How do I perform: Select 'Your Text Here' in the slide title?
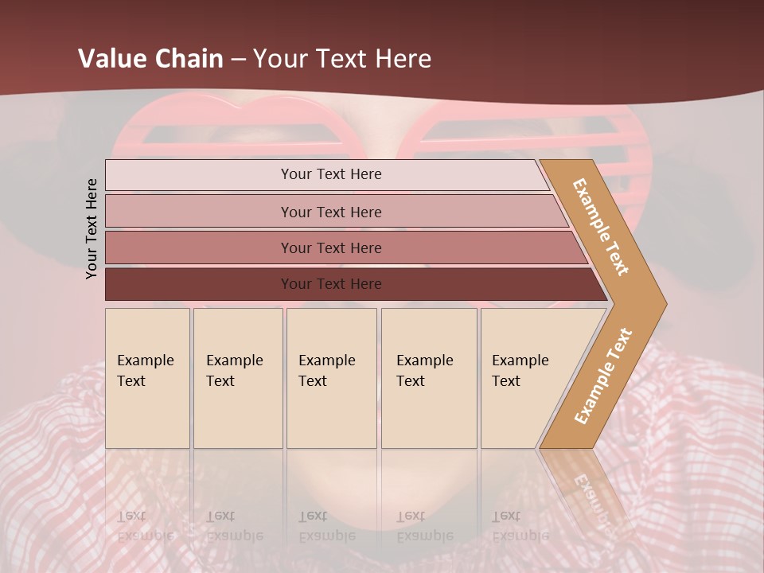click(x=342, y=59)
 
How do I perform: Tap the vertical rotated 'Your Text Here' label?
click(x=92, y=228)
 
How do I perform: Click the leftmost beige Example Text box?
click(x=147, y=378)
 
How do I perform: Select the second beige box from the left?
click(x=238, y=378)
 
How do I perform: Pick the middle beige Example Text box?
click(x=331, y=378)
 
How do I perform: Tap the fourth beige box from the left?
click(x=429, y=378)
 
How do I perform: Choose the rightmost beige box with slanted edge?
click(x=525, y=378)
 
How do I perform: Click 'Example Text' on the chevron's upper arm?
click(x=601, y=227)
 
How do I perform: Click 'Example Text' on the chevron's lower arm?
click(x=603, y=376)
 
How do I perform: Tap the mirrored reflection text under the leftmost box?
click(x=145, y=525)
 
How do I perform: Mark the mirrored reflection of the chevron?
click(x=585, y=485)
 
